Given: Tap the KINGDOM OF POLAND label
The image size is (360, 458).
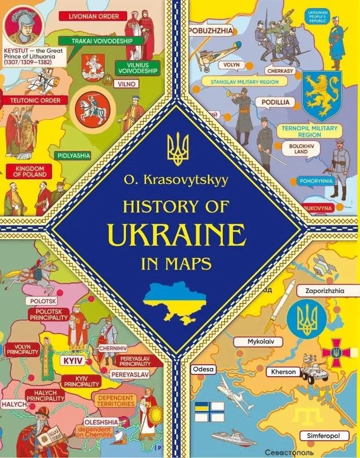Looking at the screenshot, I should [30, 171].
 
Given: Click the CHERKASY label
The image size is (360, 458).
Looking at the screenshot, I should [281, 71].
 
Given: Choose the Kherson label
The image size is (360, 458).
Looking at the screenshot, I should [284, 372].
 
